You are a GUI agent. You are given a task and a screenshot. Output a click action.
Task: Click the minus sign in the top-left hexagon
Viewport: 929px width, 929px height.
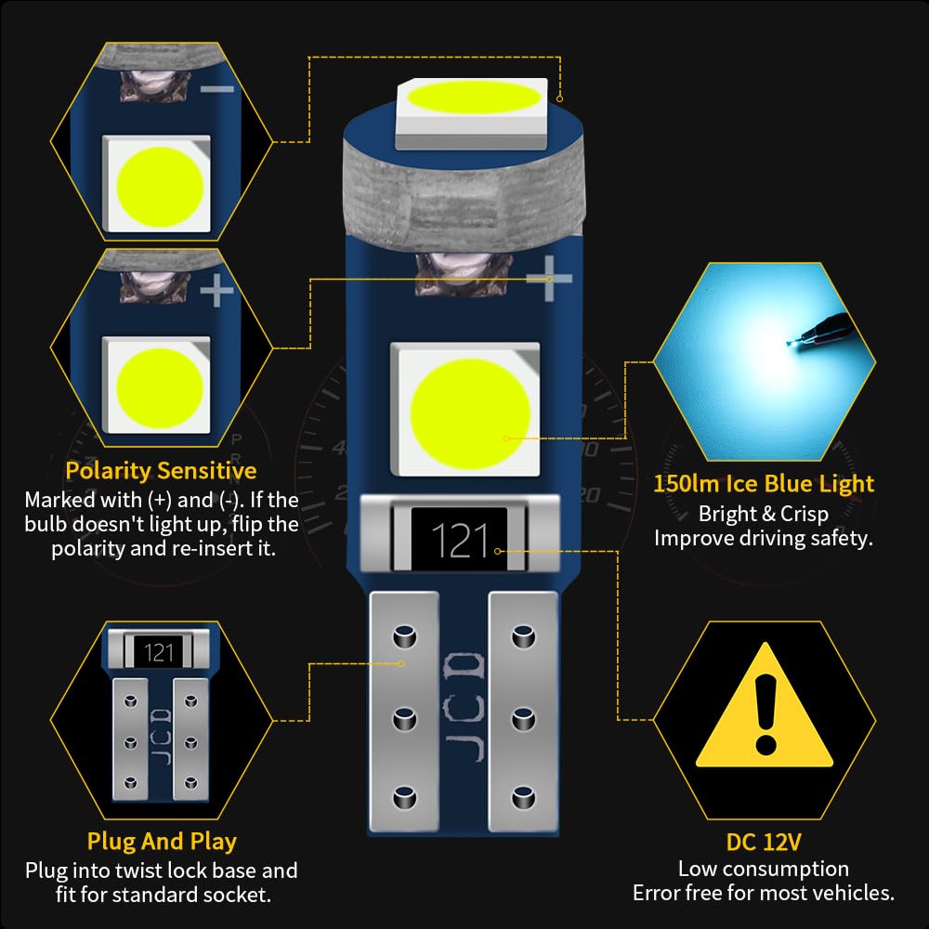[216, 88]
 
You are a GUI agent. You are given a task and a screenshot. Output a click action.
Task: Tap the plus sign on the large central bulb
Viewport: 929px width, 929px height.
[548, 279]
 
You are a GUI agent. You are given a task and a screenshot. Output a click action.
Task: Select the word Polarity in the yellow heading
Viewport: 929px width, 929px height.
[108, 470]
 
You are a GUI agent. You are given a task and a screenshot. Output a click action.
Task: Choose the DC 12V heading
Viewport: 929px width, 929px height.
[764, 842]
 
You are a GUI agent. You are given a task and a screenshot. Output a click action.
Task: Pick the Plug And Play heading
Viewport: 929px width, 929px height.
[162, 842]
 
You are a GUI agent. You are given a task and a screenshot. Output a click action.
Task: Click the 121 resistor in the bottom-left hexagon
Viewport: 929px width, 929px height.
[159, 652]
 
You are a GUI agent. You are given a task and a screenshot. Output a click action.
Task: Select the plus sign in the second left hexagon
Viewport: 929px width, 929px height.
[216, 294]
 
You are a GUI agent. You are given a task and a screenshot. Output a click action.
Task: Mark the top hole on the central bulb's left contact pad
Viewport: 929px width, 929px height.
[403, 637]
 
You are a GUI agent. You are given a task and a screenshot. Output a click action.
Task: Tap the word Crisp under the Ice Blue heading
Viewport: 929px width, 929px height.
[799, 513]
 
